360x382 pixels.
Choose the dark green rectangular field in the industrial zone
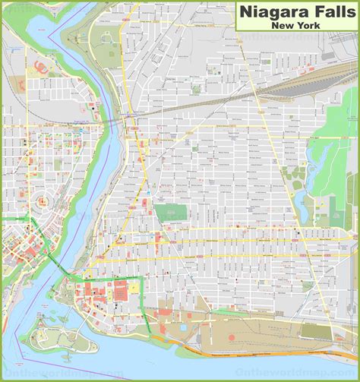click(317, 330)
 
